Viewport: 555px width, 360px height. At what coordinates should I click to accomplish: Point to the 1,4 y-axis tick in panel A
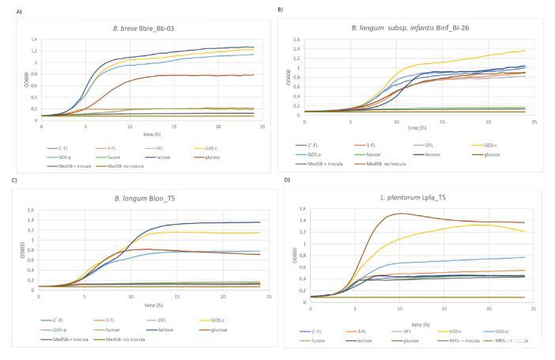click(x=33, y=39)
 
